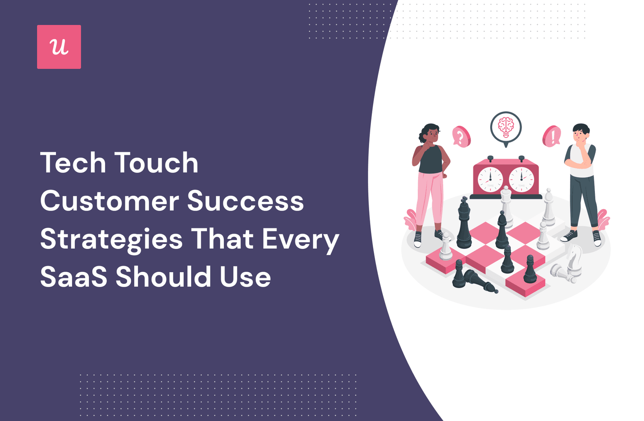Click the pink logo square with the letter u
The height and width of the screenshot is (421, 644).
click(x=59, y=47)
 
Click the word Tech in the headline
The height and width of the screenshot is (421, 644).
click(x=73, y=163)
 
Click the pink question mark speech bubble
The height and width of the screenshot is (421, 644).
click(x=461, y=137)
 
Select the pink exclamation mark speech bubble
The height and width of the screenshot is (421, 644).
click(x=551, y=136)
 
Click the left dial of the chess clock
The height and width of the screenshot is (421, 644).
click(x=491, y=180)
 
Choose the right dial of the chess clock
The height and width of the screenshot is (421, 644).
click(x=522, y=180)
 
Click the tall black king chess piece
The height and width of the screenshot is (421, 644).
click(x=464, y=222)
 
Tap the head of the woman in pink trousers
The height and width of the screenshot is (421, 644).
click(x=429, y=133)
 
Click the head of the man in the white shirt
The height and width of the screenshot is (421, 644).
click(x=581, y=133)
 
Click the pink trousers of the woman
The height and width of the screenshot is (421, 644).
click(x=429, y=198)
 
